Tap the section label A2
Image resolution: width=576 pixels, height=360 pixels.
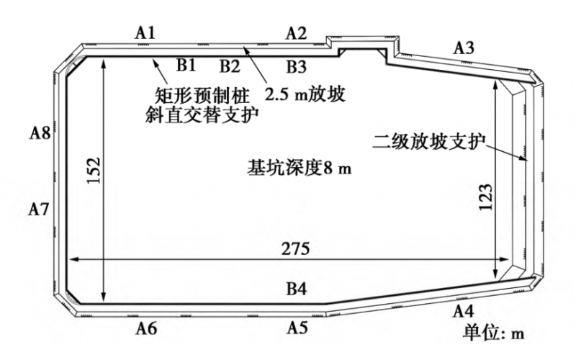point(296,32)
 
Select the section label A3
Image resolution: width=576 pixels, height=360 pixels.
point(464,48)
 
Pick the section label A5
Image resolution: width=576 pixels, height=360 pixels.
point(297,328)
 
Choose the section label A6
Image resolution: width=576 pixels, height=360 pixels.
point(147,328)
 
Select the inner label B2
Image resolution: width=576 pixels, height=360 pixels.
point(229,67)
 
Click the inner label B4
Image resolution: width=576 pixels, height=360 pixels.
point(297,289)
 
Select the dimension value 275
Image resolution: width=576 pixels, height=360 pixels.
point(296,249)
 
